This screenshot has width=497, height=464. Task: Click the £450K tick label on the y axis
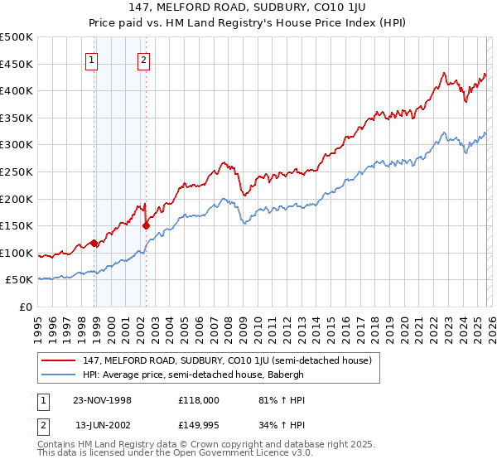click(17, 64)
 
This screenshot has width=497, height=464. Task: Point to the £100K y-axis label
click(17, 253)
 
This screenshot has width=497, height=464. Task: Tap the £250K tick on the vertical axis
click(17, 172)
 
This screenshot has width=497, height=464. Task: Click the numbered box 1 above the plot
click(90, 59)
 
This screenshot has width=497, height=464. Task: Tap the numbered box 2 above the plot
click(143, 59)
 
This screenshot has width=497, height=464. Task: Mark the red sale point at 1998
click(94, 243)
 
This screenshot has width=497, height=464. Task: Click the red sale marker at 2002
click(146, 225)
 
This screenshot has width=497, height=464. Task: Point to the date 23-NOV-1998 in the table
click(103, 400)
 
